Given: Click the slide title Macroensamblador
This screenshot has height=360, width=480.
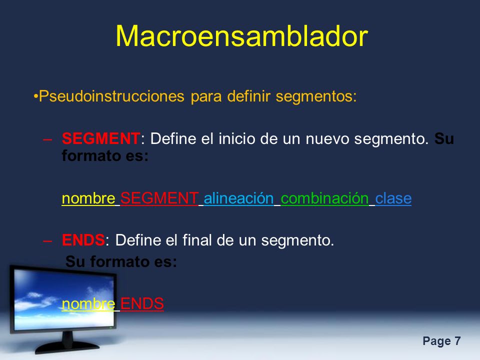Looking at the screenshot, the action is (x=241, y=36).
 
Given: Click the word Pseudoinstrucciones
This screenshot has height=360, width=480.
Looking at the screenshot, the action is (x=111, y=96).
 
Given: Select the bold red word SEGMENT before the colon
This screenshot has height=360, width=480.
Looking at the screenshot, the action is (x=101, y=138).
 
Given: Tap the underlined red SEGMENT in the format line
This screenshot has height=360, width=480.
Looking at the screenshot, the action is (x=159, y=198).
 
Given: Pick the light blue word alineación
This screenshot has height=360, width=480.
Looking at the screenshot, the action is (x=238, y=198).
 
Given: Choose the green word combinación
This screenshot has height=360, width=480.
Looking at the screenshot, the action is (x=324, y=198).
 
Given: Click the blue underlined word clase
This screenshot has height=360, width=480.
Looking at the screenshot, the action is (x=393, y=198).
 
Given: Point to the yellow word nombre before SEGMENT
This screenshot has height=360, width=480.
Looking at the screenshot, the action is (x=88, y=198).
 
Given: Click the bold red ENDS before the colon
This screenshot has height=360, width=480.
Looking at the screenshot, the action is (x=83, y=239).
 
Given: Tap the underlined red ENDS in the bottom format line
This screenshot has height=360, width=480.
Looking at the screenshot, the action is (x=142, y=303).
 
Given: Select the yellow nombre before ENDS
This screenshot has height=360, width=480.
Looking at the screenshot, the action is (x=88, y=304).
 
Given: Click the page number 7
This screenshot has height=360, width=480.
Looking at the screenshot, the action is (x=457, y=341).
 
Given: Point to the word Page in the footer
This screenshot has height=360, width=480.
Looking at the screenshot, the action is (x=437, y=341).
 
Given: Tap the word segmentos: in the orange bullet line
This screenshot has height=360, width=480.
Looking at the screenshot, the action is (x=316, y=96).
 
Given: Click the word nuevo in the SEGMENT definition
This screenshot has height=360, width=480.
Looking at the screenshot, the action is (x=327, y=139).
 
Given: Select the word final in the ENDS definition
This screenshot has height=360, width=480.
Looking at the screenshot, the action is (x=197, y=239).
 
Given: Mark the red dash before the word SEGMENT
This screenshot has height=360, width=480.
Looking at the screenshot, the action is (x=48, y=139).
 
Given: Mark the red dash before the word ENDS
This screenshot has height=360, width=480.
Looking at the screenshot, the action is (x=48, y=241).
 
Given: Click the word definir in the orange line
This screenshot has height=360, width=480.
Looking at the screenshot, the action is (x=249, y=96).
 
